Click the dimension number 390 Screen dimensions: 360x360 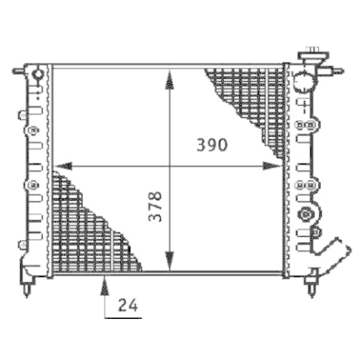(212, 145)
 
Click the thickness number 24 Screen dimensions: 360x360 (127, 305)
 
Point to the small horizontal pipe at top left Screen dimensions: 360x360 (19, 72)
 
